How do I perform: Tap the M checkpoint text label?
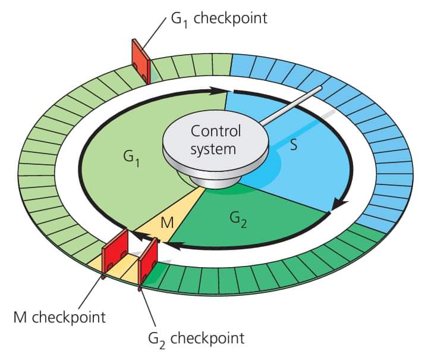point(59,316)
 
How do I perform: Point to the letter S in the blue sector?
point(294,145)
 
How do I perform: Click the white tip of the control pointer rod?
point(319,89)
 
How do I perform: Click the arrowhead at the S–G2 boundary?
point(338,204)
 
